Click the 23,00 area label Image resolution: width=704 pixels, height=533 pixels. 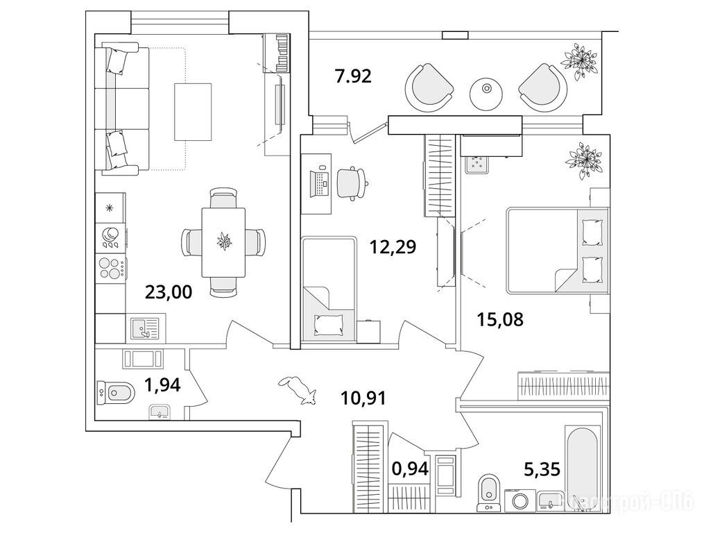[168, 291]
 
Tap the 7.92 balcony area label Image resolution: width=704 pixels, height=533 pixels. [354, 75]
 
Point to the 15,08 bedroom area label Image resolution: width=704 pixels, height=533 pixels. [499, 319]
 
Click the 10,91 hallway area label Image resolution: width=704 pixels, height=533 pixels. [363, 398]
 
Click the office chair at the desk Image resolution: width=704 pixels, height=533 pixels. [353, 182]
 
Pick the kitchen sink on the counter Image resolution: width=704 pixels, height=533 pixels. [144, 326]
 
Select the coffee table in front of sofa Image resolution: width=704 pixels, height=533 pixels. [193, 110]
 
